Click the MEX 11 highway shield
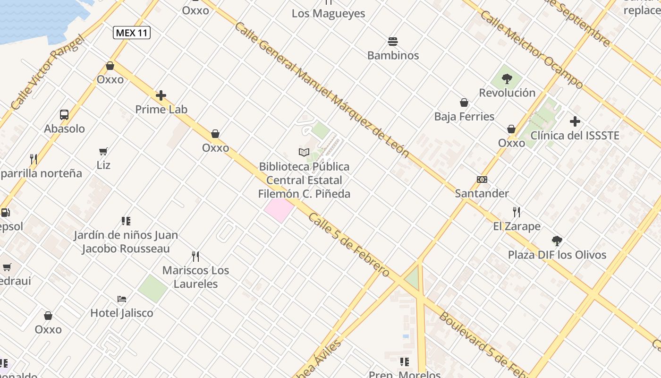pos(132,33)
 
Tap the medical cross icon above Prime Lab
pos(161,95)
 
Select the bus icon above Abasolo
pos(64,115)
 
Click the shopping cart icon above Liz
pos(103,152)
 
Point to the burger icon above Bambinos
pos(393,42)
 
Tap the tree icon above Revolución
pos(507,78)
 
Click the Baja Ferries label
pos(464,116)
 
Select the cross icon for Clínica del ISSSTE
pos(575,121)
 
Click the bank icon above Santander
pos(482,180)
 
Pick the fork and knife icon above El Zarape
pos(517,212)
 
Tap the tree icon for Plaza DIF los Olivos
pos(557,241)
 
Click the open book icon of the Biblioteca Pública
pos(304,152)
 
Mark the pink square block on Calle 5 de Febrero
pos(279,210)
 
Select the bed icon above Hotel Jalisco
pos(122,299)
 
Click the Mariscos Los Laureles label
pos(195,277)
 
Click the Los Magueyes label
pos(328,13)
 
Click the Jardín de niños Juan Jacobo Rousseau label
pos(126,241)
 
